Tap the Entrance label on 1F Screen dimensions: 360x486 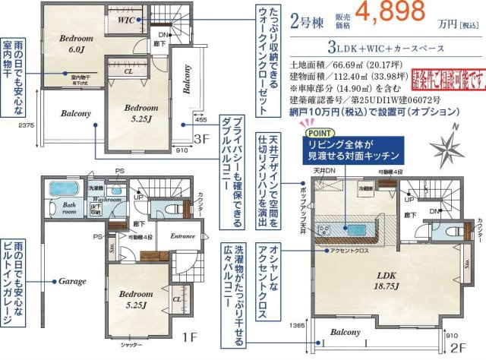point(183,236)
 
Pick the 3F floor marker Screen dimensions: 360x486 point(200,139)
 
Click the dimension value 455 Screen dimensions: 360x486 point(200,119)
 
